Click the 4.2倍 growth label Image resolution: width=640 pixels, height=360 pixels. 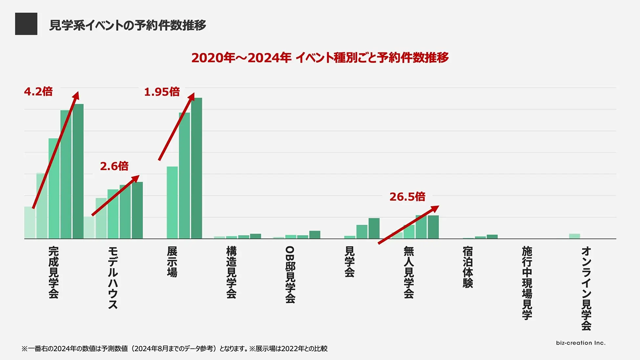(38, 92)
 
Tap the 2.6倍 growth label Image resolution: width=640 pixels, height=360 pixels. (114, 167)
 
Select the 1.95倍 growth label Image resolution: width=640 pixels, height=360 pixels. (162, 92)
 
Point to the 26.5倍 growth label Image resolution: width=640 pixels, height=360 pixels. (407, 197)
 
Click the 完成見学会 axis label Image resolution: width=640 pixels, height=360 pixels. (53, 272)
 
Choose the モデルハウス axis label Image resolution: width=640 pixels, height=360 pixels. (112, 277)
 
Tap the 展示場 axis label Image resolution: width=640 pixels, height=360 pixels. (172, 262)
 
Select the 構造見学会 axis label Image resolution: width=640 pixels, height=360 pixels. (231, 272)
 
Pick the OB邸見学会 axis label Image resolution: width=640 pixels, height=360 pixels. (290, 275)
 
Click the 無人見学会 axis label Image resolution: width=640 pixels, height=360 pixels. (409, 272)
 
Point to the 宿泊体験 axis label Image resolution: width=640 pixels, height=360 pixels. (468, 267)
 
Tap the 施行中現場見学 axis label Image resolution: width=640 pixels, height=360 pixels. (527, 283)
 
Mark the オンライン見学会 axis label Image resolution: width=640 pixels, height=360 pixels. (586, 288)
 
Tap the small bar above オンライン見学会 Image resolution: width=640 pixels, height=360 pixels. (575, 236)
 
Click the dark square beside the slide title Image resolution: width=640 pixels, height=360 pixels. (26, 24)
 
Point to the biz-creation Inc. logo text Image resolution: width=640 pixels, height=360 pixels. (581, 343)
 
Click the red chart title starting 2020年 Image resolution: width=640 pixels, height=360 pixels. (320, 58)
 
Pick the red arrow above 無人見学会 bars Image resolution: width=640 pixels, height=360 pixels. (408, 225)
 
